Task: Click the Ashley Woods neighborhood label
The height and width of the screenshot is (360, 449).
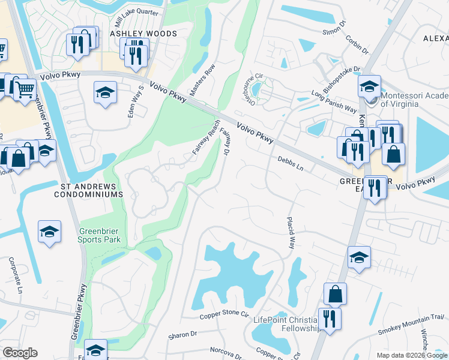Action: pyautogui.click(x=143, y=34)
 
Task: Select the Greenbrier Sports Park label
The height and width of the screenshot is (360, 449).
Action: pyautogui.click(x=100, y=235)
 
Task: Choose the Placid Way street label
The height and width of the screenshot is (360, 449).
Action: pyautogui.click(x=291, y=233)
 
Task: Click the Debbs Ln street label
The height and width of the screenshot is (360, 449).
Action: pyautogui.click(x=291, y=163)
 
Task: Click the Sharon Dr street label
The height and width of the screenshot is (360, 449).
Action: pyautogui.click(x=182, y=334)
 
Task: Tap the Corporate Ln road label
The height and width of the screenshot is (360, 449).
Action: pyautogui.click(x=15, y=275)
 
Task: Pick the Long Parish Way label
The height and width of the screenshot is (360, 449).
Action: pyautogui.click(x=334, y=101)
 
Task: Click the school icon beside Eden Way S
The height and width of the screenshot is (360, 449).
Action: pyautogui.click(x=105, y=92)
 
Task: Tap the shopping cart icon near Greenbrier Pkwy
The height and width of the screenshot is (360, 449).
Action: pyautogui.click(x=24, y=89)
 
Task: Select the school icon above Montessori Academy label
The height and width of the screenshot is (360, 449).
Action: pyautogui.click(x=369, y=86)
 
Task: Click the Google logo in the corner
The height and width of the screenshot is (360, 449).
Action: pyautogui.click(x=19, y=353)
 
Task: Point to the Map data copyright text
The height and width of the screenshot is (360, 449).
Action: pyautogui.click(x=411, y=355)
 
